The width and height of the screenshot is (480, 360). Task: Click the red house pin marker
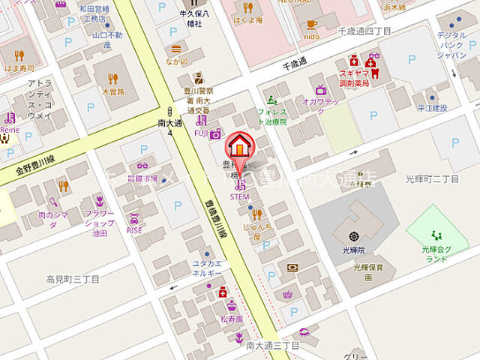(x=240, y=145)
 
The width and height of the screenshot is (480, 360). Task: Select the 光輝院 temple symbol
(x=354, y=236)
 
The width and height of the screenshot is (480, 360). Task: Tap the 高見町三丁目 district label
(x=73, y=279)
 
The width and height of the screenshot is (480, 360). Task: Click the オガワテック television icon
(x=320, y=90)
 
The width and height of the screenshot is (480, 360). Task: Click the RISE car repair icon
(x=135, y=219)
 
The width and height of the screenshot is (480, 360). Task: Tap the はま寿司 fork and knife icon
(x=19, y=55)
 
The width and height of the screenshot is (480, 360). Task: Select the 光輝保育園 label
(x=358, y=271)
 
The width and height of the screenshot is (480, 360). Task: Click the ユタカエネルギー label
(x=206, y=269)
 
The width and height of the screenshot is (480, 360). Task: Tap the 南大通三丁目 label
(x=273, y=346)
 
